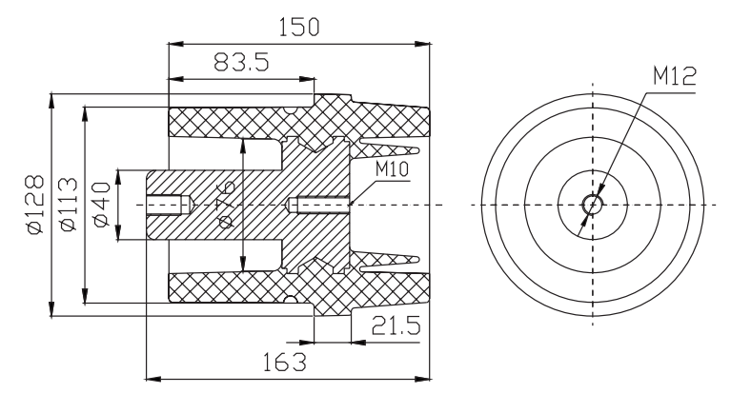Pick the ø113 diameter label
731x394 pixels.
(x=68, y=205)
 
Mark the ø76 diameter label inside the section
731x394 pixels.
(x=228, y=204)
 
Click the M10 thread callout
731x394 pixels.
(x=393, y=169)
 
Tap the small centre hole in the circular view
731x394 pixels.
(x=593, y=204)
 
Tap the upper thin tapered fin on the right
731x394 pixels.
(x=391, y=151)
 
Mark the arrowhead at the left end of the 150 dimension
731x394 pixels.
(x=173, y=43)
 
